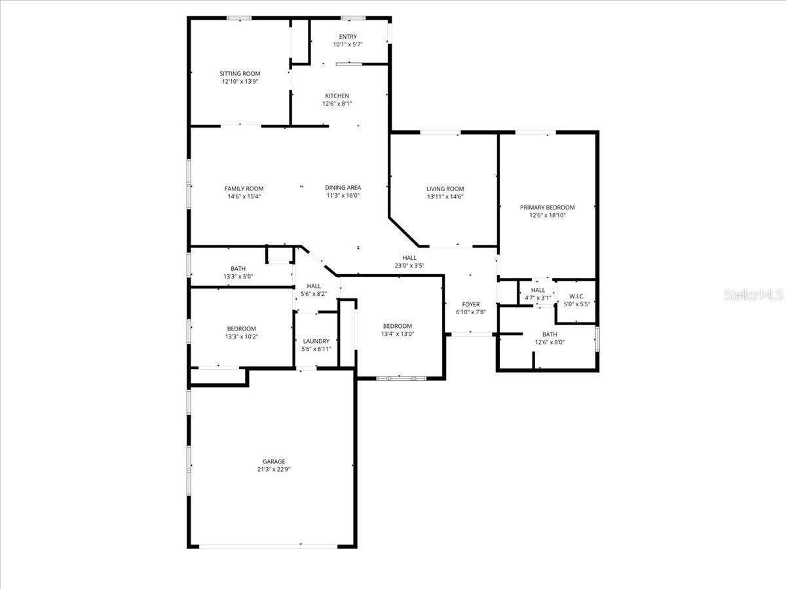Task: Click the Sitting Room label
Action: [240, 74]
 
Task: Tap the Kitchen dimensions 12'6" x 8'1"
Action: [337, 103]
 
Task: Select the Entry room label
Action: [348, 37]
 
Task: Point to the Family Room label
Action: [244, 188]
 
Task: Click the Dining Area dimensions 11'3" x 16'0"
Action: [343, 195]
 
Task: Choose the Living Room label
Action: [445, 188]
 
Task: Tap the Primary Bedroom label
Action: [547, 207]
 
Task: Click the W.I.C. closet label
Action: [576, 296]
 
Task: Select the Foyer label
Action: [470, 304]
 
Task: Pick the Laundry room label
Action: [316, 341]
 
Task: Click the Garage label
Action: [274, 461]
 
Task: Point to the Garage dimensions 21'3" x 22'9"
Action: [274, 469]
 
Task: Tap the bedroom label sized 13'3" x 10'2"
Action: [242, 329]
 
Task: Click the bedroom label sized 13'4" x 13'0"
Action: [398, 326]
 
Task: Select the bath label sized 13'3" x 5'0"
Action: [238, 268]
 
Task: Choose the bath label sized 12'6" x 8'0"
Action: [549, 334]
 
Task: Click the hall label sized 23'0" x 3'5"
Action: [410, 258]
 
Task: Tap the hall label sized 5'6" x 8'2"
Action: [314, 286]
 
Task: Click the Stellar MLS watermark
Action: [753, 295]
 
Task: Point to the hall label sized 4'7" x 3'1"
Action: [538, 290]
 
